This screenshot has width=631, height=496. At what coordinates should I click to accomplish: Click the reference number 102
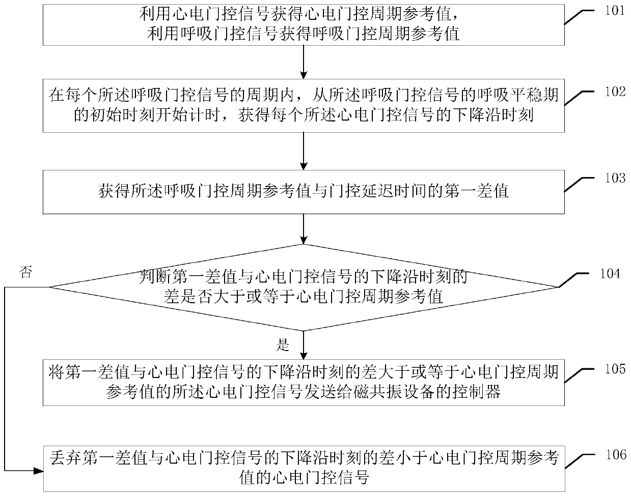point(613,92)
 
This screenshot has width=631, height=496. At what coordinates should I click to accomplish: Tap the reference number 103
point(613,178)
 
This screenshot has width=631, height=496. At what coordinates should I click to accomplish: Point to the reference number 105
point(613,368)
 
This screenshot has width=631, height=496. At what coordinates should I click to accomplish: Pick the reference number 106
point(613,454)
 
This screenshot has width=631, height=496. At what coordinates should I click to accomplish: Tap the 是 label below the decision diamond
point(283,346)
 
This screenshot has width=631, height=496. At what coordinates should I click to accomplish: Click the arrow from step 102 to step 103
point(304,151)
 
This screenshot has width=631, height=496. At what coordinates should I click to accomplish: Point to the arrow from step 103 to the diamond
point(304,229)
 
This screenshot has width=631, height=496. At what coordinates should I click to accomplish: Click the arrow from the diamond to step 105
point(304,346)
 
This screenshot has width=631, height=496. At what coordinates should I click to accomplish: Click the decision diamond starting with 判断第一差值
point(304,287)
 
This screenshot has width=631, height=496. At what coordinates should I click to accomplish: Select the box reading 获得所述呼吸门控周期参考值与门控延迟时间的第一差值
point(304,192)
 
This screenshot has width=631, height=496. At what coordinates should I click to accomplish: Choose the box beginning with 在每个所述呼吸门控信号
point(304,106)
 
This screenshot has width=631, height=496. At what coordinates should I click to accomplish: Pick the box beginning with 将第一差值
point(304,383)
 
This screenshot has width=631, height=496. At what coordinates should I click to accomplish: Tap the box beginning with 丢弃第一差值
point(304,468)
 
